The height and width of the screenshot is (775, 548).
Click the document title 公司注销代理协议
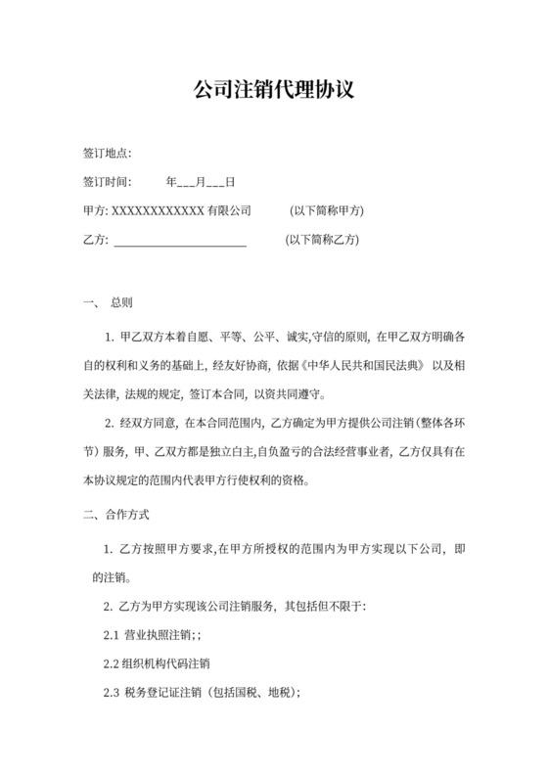(273, 91)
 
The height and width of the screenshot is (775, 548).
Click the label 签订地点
(108, 154)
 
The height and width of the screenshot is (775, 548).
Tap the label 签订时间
(108, 182)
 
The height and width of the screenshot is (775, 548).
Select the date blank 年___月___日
(200, 182)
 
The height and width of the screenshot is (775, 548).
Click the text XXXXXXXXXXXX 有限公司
(182, 210)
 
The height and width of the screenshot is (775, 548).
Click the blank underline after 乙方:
(180, 240)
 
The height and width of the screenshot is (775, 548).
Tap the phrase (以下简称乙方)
(322, 240)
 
